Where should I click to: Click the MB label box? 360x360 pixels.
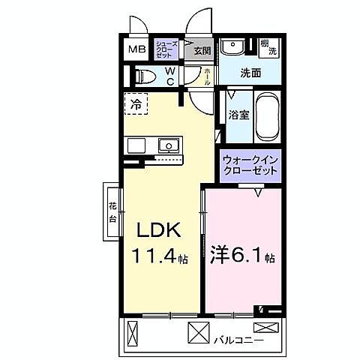click(136, 50)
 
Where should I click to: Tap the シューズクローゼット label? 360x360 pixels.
click(166, 50)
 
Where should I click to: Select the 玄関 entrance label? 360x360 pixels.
click(202, 51)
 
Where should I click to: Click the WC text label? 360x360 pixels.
click(169, 76)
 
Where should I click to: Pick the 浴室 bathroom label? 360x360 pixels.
click(238, 115)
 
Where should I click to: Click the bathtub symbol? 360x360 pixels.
click(266, 115)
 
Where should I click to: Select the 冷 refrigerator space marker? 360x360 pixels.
click(136, 103)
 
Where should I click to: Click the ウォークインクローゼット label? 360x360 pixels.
click(251, 165)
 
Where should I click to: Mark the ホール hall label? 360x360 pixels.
click(208, 77)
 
